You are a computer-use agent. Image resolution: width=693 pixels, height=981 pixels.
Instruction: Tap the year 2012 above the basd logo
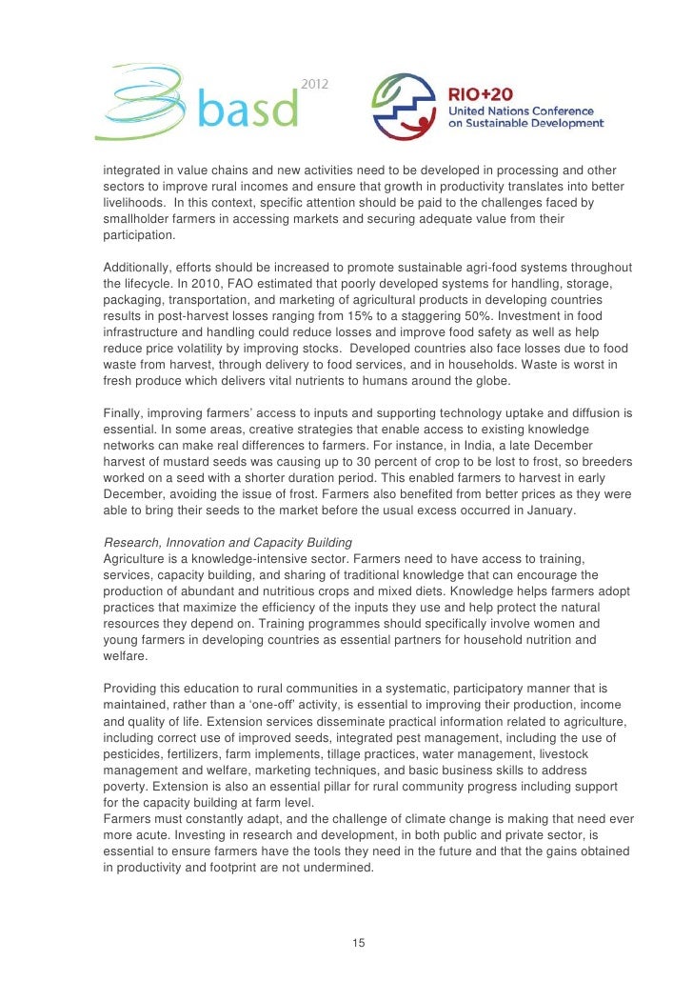coord(316,85)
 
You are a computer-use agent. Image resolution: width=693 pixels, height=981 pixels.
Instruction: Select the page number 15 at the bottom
coord(358,943)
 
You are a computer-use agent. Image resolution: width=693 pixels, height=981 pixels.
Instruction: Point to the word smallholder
coord(141,219)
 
